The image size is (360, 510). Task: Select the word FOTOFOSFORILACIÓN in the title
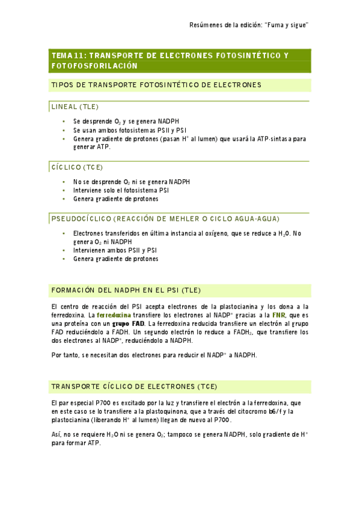95,66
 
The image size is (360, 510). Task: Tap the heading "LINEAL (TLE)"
74,106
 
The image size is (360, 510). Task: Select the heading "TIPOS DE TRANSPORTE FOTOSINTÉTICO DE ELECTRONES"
156,85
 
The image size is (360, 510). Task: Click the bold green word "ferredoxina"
114,315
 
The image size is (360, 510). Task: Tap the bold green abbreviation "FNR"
278,315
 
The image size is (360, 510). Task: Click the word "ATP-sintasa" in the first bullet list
276,138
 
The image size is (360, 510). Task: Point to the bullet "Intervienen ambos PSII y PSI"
115,250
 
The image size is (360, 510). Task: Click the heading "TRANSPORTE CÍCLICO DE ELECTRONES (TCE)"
134,386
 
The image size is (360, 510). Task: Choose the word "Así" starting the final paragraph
56,434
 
